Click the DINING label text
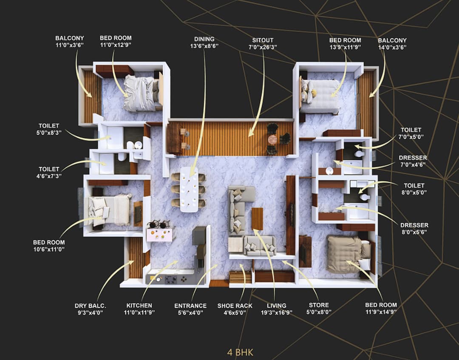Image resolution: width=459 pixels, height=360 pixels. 204,39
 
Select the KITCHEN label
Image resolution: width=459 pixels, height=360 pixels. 139,305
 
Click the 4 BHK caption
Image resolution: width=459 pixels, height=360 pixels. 240,352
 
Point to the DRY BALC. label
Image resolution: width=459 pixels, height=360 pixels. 91,305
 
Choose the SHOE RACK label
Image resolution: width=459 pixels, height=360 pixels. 235,306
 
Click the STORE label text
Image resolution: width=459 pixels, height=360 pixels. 318,305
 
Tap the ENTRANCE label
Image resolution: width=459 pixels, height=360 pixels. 190,306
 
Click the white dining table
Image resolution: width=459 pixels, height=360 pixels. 189,189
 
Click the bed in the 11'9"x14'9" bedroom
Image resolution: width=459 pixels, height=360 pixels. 346,254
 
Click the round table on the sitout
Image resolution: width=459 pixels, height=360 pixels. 272,139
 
